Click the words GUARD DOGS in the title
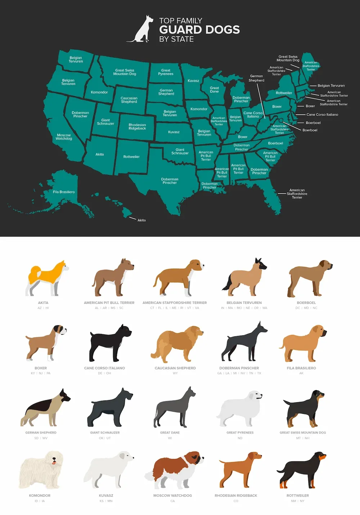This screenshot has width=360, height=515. [x=199, y=30]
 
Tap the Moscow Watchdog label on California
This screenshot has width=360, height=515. [x=64, y=137]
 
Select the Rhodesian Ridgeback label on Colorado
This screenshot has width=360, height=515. [x=137, y=126]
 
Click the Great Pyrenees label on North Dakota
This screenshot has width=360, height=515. [x=166, y=72]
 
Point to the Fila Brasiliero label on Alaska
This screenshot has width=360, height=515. [x=64, y=192]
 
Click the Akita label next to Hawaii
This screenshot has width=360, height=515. [x=141, y=220]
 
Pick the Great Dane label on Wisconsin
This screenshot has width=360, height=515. [x=214, y=90]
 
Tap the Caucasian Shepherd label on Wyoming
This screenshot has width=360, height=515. [x=129, y=100]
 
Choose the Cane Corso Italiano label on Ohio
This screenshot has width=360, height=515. [x=253, y=115]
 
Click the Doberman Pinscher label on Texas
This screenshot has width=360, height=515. [x=170, y=181]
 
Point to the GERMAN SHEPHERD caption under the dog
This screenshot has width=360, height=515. [x=41, y=433]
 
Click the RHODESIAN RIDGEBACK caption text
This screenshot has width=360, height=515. [x=236, y=496]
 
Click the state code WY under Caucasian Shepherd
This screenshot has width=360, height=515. [x=175, y=373]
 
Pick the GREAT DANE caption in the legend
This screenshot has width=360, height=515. [x=170, y=433]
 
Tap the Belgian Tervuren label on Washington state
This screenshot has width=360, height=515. [x=76, y=59]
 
